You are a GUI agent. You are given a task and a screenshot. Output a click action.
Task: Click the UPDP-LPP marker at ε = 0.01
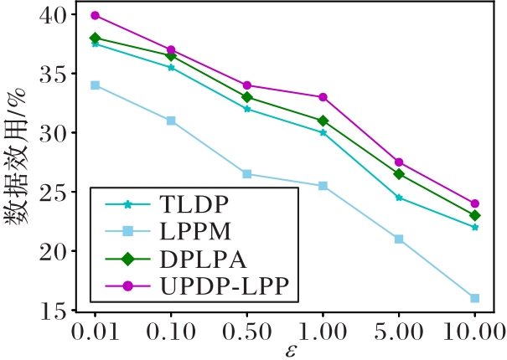[x=95, y=15]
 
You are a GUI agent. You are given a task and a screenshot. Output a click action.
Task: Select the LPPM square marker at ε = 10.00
[x=474, y=298]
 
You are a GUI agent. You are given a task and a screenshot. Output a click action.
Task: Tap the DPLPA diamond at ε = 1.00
[x=323, y=121]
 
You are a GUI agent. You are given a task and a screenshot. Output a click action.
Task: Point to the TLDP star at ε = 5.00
[x=399, y=198]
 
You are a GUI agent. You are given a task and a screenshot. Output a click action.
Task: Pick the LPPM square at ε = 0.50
[x=247, y=174]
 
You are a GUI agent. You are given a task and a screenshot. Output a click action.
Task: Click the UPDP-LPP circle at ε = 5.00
[x=399, y=162]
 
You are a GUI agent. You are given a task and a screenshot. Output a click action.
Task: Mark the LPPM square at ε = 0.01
[x=95, y=85]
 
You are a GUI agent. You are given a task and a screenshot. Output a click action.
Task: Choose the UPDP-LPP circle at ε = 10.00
[x=474, y=203]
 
